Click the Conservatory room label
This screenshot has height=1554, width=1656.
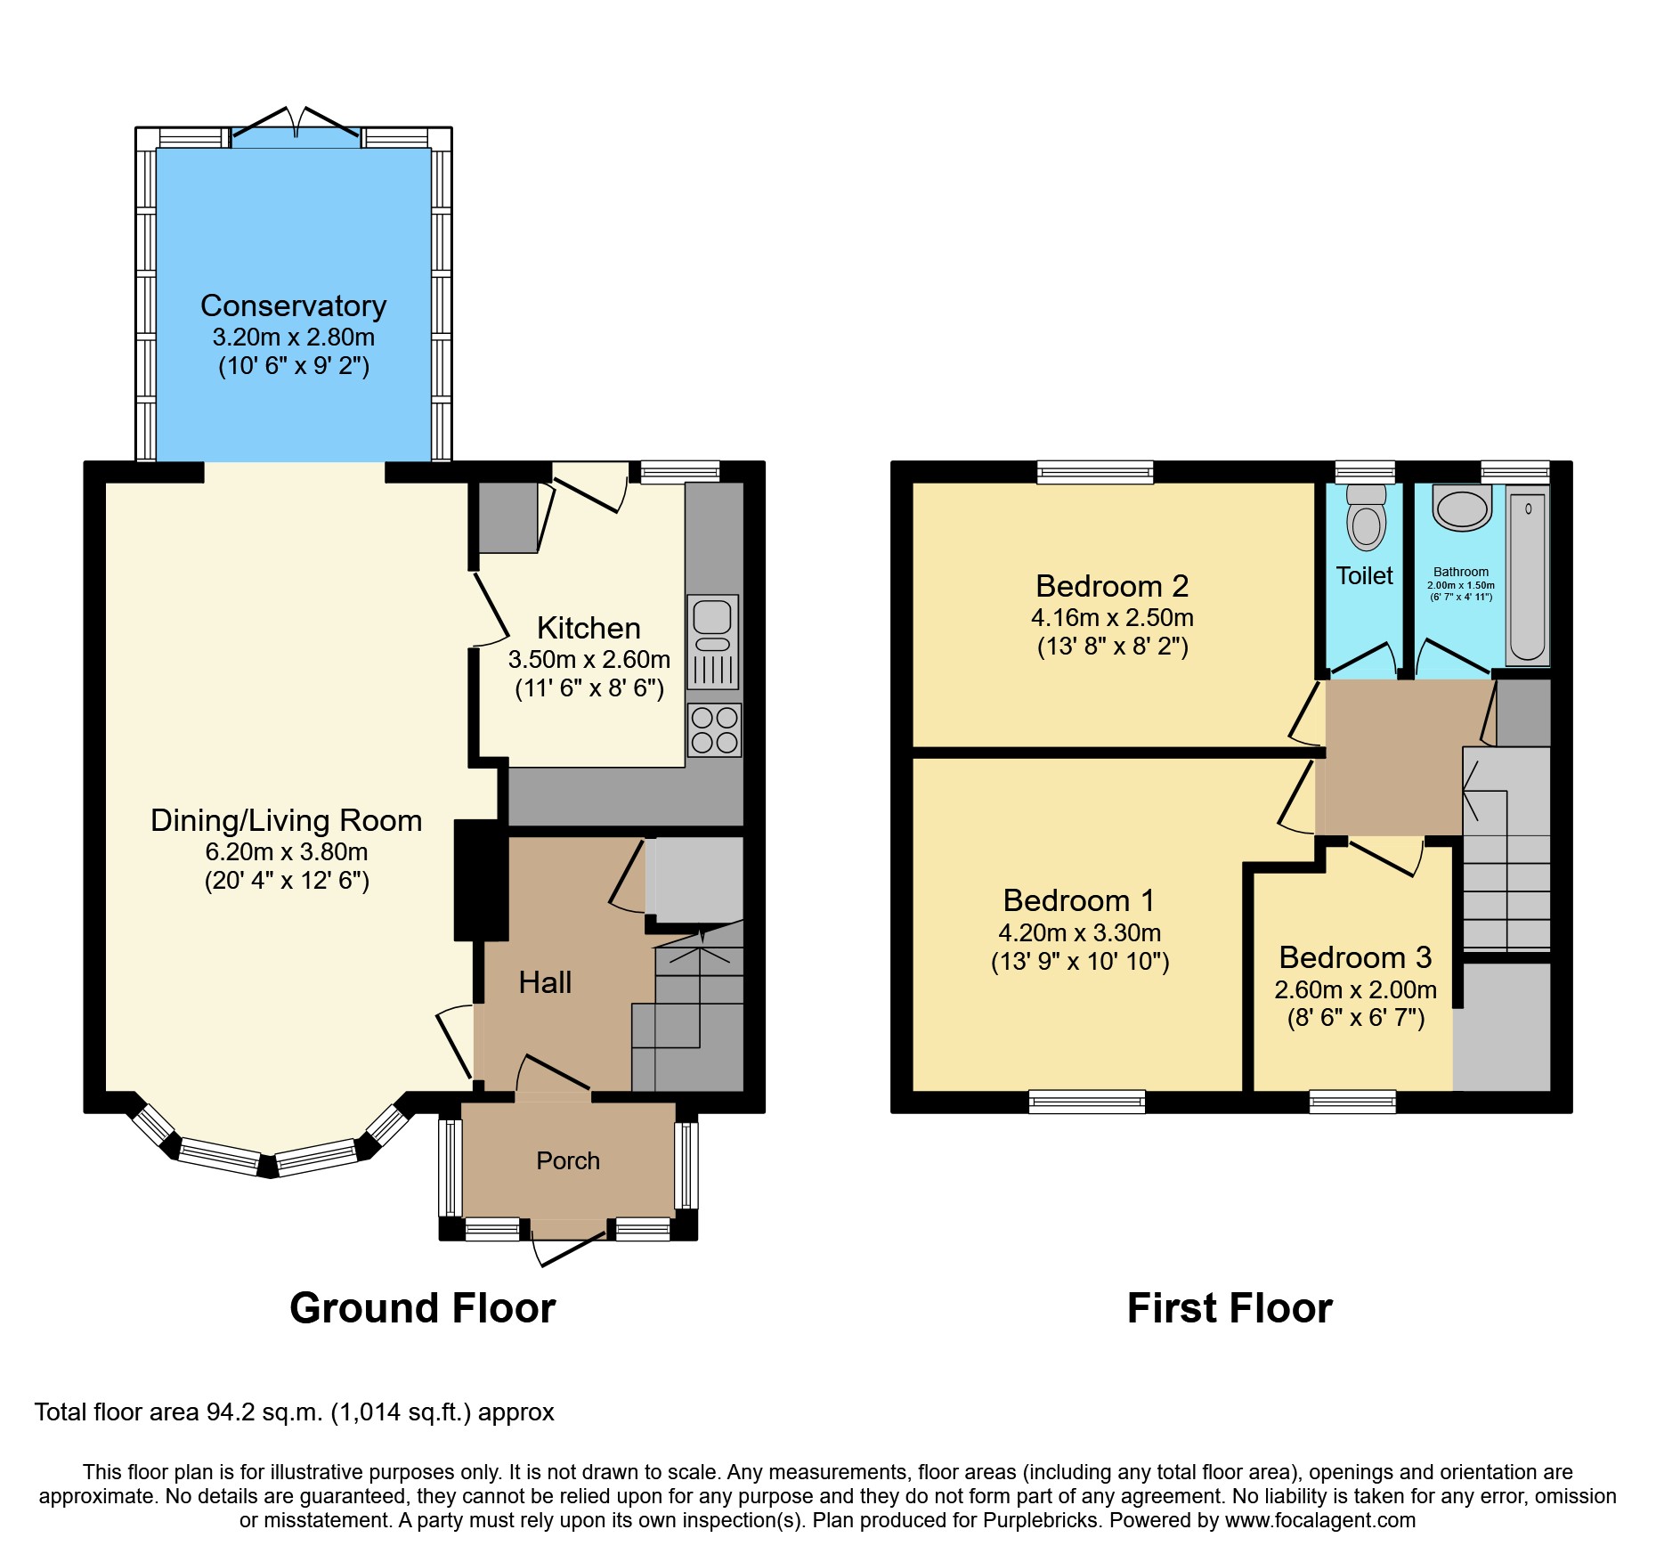point(293,305)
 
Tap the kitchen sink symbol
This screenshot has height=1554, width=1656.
point(712,641)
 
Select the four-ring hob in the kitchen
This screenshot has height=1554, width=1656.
point(714,730)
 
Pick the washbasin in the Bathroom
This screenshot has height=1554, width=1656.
point(1462,509)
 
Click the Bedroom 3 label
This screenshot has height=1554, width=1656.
point(1355,957)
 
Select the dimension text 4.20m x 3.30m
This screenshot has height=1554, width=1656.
point(1079,932)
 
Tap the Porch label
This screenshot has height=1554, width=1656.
point(568,1160)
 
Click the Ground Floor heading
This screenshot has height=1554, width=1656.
point(422,1308)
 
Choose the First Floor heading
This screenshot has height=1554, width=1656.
point(1230,1308)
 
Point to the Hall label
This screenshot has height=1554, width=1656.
point(545,982)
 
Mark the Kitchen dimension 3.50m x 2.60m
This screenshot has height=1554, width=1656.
point(589,659)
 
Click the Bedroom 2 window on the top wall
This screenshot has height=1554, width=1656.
point(1095,472)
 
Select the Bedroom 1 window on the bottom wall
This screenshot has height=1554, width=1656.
point(1086,1102)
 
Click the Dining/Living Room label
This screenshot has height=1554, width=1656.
point(286,820)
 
